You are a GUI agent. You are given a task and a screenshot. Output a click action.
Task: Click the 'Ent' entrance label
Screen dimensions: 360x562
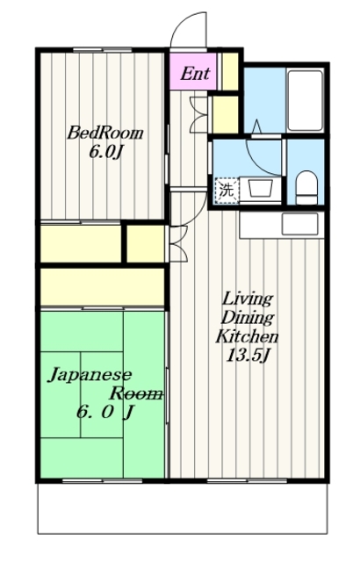coord(195,74)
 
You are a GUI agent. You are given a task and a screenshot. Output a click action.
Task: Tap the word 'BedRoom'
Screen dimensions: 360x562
coord(105,133)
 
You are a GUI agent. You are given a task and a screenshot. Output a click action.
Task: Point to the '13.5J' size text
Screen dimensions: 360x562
coord(247,355)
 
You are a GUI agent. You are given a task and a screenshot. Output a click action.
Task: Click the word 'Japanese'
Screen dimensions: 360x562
coord(90,375)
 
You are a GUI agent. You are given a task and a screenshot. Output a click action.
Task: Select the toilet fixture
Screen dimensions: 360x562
coord(306,187)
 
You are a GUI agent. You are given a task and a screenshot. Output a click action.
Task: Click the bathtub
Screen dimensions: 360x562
coord(306,100)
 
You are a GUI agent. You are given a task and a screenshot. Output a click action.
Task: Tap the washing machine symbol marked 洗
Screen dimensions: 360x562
coord(227,191)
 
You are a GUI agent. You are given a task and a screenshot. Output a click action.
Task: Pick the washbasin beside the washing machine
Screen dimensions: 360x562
coord(261,188)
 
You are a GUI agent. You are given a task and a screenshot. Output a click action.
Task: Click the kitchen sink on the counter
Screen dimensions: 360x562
coord(299,224)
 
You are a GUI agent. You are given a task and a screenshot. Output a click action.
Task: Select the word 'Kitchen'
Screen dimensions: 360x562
coord(247,337)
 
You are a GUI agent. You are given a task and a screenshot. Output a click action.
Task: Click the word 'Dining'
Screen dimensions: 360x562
coord(248,318)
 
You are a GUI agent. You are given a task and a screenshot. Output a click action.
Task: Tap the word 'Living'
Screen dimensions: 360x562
coord(248,299)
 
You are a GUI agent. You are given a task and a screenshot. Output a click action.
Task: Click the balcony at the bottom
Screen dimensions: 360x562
coord(183,508)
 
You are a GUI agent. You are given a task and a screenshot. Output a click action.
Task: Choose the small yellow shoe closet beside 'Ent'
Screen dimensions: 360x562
coord(230,72)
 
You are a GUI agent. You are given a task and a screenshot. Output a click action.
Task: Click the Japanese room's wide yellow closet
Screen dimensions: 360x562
coord(102,287)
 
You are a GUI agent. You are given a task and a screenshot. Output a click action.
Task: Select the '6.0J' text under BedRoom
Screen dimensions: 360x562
coord(105,152)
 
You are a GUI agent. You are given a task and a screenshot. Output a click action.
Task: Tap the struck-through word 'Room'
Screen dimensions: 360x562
coord(136,393)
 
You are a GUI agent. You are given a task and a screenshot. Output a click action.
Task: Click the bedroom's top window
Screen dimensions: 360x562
coord(103,50)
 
